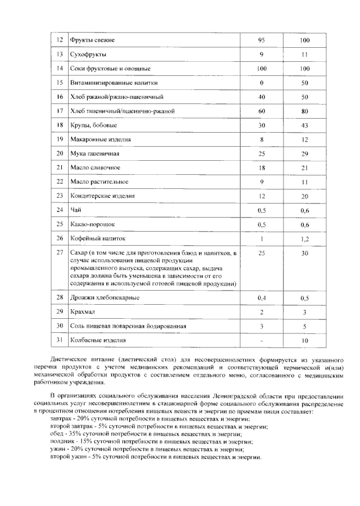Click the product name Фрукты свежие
[92, 40]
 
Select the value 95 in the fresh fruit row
[262, 40]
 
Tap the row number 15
[59, 83]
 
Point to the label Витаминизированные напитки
[110, 83]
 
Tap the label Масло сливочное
[95, 168]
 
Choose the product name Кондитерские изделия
[102, 196]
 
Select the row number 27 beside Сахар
[59, 253]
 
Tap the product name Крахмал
[82, 311]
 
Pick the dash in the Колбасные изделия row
[262, 340]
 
